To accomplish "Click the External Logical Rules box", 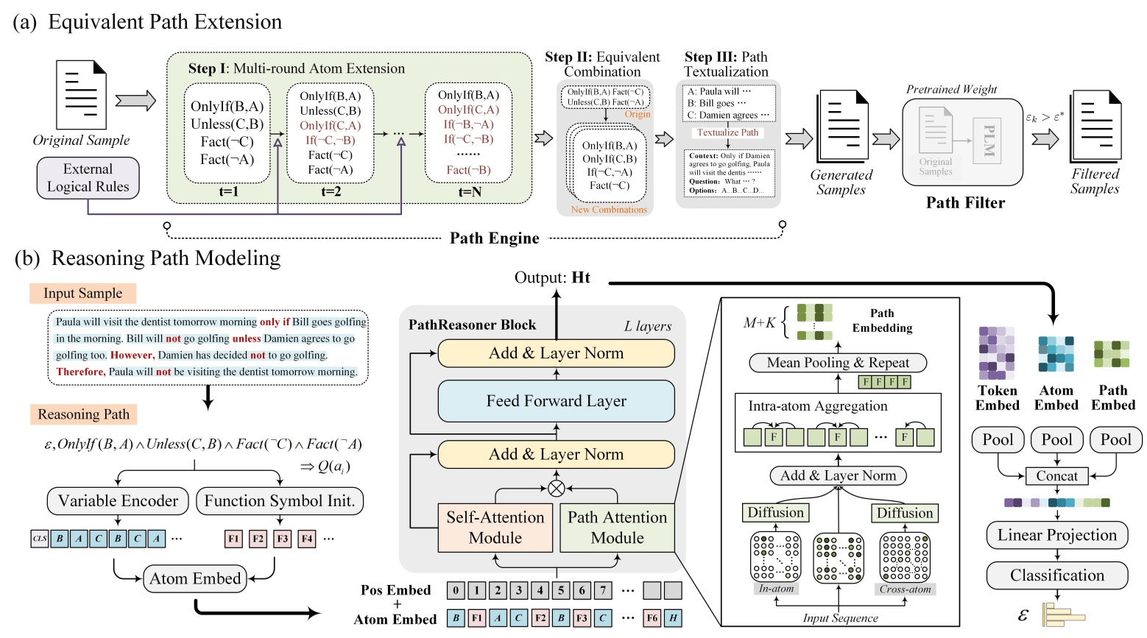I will tap(88, 178).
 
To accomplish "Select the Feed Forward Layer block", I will tap(556, 401).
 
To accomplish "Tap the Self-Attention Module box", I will tap(495, 528).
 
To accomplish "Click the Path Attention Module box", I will tap(617, 528).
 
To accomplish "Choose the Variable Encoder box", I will tap(118, 501).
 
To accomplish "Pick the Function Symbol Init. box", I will tap(280, 501).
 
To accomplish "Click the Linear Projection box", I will tap(1056, 535).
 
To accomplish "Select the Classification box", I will tap(1056, 575).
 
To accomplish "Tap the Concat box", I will tap(1056, 476).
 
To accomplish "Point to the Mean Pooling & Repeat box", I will tap(837, 363).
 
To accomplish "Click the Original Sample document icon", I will tap(81, 95).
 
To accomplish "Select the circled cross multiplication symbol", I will tap(557, 489).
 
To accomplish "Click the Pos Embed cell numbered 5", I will tap(561, 590).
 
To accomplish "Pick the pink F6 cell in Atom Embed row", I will tap(652, 618).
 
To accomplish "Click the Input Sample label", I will tap(82, 294).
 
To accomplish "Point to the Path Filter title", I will tap(965, 203).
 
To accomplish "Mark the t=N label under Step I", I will tap(469, 192).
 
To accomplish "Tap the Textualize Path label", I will tap(727, 132).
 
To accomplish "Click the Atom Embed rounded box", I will tap(195, 578).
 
